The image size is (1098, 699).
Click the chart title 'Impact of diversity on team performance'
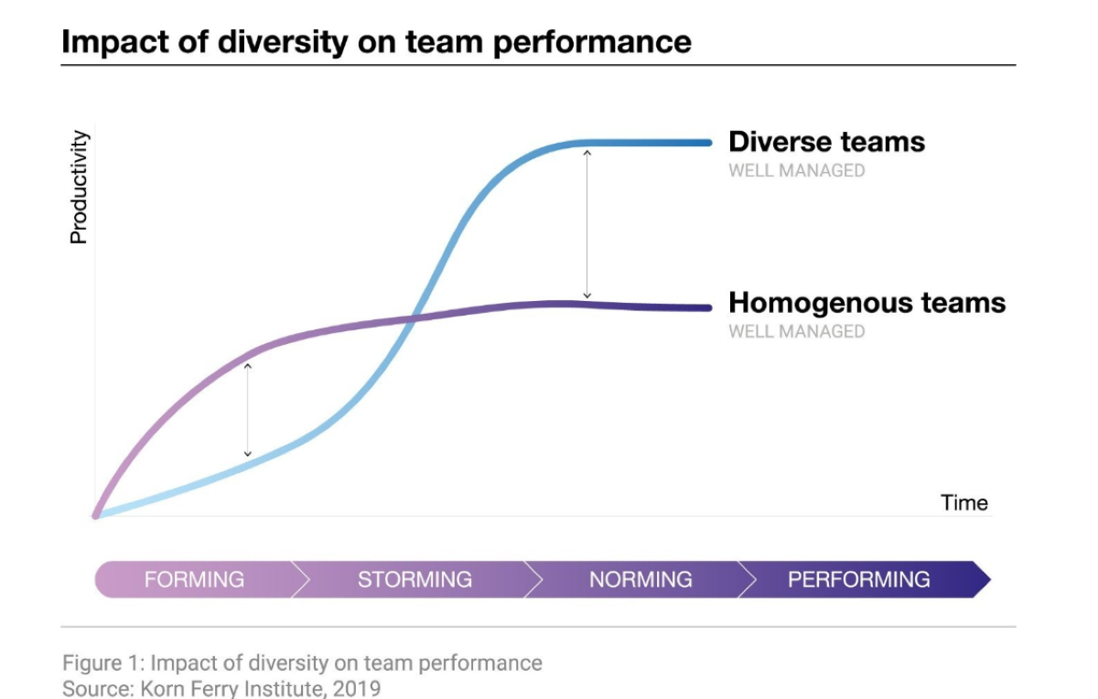pos(376,42)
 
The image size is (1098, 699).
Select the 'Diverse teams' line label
pos(826,142)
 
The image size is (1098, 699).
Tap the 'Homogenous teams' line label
pos(867,303)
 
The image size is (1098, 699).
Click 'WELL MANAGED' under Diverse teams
pos(796,170)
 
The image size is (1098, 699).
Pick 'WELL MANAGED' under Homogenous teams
pos(796,331)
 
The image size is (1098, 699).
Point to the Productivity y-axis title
pos(80,188)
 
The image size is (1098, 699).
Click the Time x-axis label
pos(964,502)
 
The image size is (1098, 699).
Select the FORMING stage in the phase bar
pos(194,579)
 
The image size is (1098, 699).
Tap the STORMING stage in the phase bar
pos(414,579)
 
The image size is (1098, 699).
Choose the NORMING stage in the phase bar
pos(640,579)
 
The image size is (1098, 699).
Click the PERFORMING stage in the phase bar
pos(858,579)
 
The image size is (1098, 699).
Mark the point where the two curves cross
pos(414,318)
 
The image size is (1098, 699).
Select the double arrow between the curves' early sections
pos(247,409)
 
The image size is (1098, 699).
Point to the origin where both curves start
pos(96,515)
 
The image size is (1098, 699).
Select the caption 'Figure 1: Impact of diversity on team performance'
pos(302,662)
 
